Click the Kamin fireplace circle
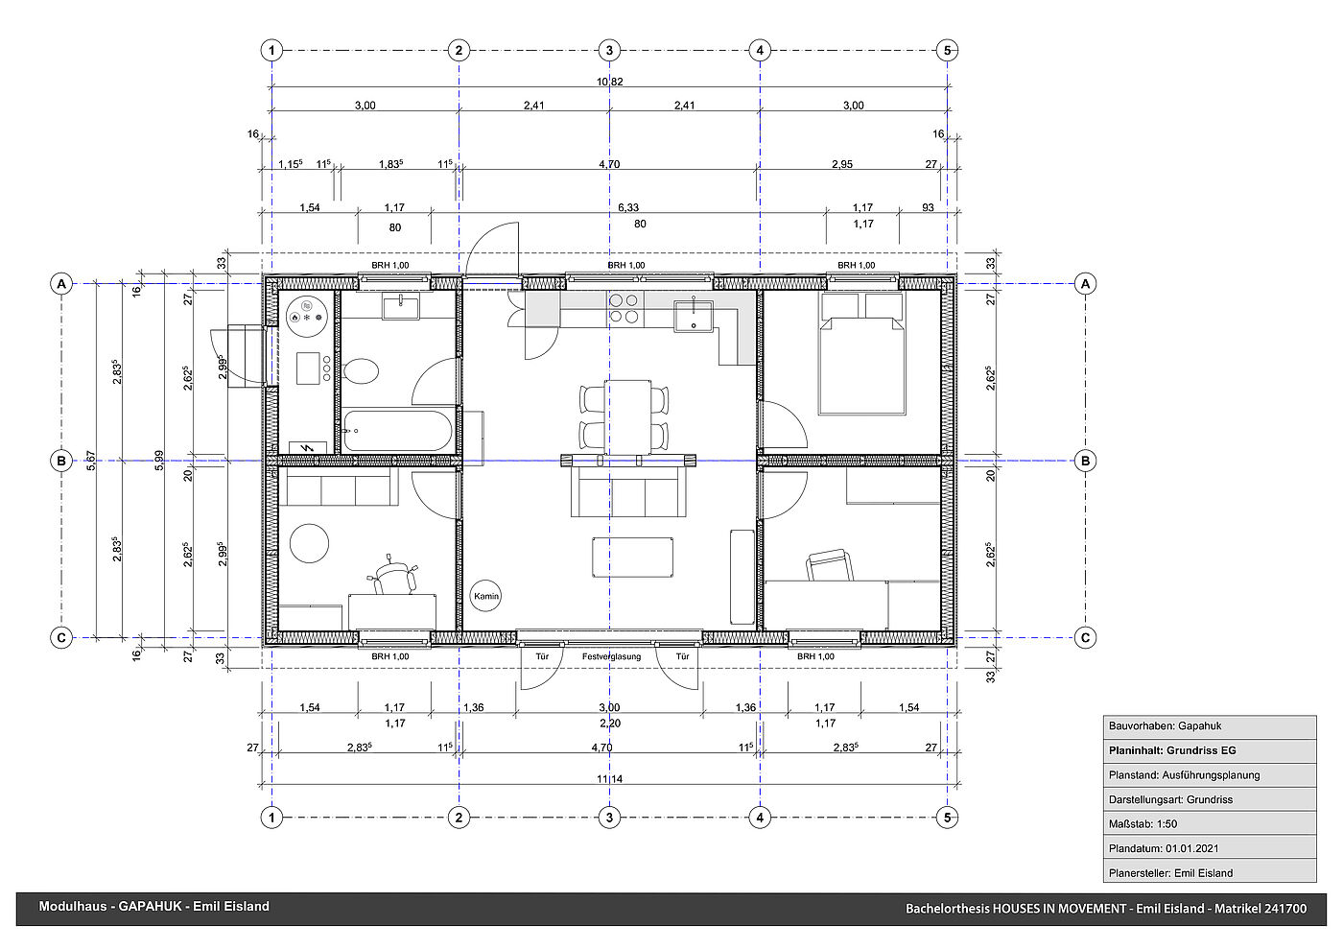tap(485, 596)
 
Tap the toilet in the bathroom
tap(362, 371)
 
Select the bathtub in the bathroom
tap(397, 430)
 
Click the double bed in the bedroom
tap(862, 354)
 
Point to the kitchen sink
tap(694, 316)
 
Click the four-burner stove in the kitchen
tap(624, 308)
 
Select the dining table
tap(627, 416)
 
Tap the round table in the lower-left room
tap(309, 543)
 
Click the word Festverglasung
tap(612, 656)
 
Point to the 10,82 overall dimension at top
tap(610, 82)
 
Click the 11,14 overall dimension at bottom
tap(610, 779)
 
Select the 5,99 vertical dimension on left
tap(159, 460)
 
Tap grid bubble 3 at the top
tap(609, 50)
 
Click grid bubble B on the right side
tap(1085, 461)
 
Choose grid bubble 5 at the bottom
tap(948, 818)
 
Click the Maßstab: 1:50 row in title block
tap(1210, 824)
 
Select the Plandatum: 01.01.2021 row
tap(1210, 848)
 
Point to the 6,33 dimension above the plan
tap(628, 207)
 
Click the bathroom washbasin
tap(401, 307)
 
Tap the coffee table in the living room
tap(632, 558)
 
